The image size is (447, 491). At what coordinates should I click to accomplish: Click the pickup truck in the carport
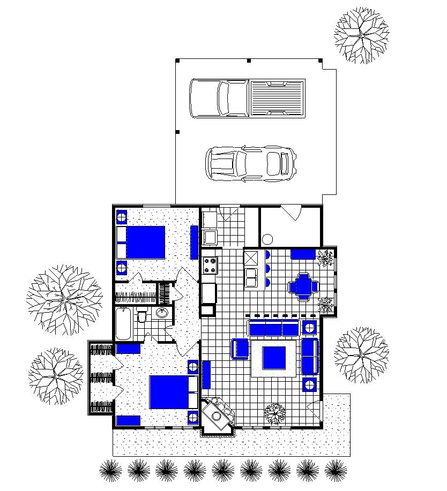(x=248, y=98)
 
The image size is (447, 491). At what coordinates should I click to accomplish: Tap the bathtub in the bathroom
(x=123, y=323)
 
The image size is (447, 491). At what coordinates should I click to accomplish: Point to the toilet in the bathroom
(x=142, y=317)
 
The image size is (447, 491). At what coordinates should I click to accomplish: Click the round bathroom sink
(x=161, y=313)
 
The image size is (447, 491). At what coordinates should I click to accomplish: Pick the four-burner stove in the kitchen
(x=209, y=265)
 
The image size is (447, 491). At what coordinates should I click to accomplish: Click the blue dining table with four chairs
(x=304, y=285)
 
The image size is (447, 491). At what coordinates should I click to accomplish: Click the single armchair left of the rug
(x=241, y=349)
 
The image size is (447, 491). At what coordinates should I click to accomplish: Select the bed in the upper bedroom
(x=142, y=242)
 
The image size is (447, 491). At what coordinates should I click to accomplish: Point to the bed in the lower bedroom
(x=170, y=392)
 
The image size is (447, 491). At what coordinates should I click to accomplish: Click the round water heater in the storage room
(x=268, y=239)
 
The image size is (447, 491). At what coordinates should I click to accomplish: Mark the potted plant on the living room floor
(x=275, y=413)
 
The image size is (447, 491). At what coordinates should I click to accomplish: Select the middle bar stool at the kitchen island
(x=268, y=268)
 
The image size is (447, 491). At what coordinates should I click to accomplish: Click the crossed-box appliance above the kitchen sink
(x=251, y=258)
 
